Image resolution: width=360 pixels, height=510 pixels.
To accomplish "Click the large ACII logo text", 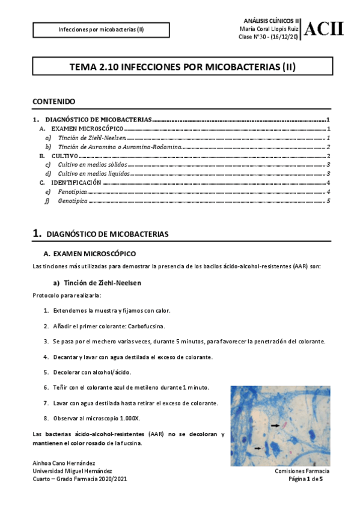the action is pos(325,28).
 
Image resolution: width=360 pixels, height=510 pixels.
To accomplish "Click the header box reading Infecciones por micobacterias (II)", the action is pos(100,29).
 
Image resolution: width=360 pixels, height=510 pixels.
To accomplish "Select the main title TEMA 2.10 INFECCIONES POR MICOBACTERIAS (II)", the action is pos(180,68).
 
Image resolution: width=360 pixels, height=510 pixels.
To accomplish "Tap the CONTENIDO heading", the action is pos(53,102).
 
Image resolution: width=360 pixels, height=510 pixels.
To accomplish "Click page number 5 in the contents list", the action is pos(328,200).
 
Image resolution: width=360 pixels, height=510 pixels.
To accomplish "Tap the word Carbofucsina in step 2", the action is pos(142,326).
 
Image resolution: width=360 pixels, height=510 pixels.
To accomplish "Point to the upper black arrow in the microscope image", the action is pos(275,425).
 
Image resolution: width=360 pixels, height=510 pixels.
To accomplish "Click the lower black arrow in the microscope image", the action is pos(258,448).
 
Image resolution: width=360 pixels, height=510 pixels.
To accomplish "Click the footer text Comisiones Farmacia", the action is pos(302,471).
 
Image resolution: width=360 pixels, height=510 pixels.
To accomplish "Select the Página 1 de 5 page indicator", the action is pos(306,479).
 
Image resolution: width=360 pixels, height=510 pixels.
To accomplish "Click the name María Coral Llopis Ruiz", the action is pos(269,28).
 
